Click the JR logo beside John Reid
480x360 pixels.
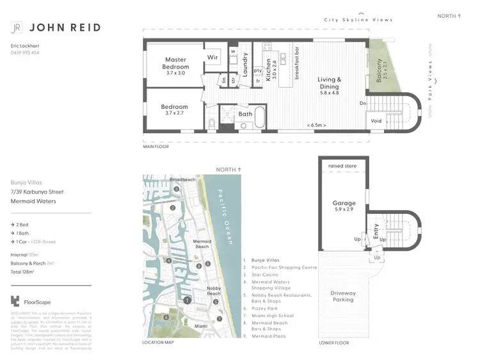17,28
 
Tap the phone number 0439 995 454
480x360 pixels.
25,53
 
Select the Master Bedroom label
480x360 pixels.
175,63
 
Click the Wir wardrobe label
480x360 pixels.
212,57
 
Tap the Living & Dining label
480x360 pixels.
330,84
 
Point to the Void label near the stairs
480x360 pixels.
376,120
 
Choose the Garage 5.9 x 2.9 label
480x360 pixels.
344,206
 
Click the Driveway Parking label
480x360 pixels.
343,296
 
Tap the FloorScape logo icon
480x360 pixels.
15,302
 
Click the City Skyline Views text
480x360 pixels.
362,20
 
